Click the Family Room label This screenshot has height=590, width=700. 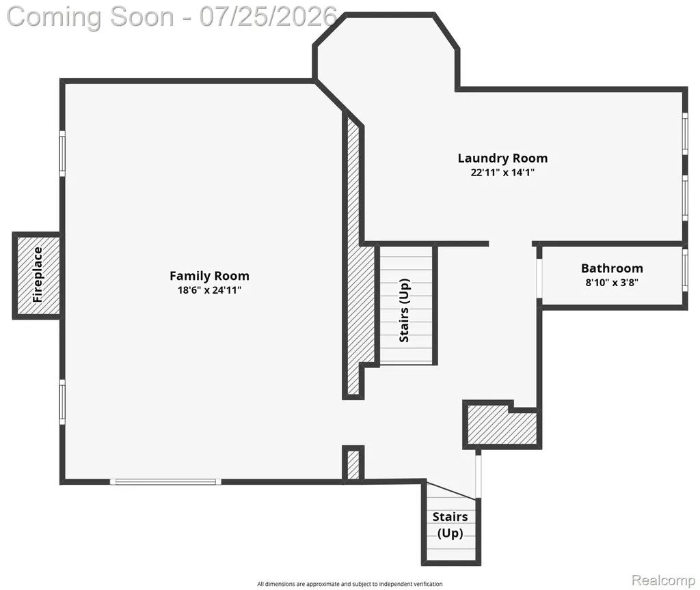tap(209, 276)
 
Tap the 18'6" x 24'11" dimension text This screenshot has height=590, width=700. tap(209, 290)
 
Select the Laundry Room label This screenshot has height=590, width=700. tap(502, 158)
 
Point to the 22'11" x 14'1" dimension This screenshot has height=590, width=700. tap(502, 173)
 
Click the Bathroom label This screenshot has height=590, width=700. tap(612, 268)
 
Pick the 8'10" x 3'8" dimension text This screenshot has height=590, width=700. tap(612, 282)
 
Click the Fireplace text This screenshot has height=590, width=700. tap(38, 275)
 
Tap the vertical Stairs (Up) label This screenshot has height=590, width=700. tap(405, 311)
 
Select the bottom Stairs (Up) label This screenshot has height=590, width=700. tap(450, 525)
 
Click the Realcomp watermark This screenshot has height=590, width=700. tap(663, 580)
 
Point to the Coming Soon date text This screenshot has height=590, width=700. tap(172, 17)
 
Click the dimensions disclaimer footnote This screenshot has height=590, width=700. tap(349, 584)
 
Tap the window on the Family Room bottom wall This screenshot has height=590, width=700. tap(165, 481)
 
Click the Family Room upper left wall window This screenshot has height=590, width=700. tap(62, 154)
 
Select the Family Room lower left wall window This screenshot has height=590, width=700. tap(62, 402)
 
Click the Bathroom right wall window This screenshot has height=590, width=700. tap(685, 269)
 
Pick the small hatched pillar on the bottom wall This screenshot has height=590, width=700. tap(353, 464)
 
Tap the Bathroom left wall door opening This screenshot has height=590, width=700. tap(539, 277)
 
